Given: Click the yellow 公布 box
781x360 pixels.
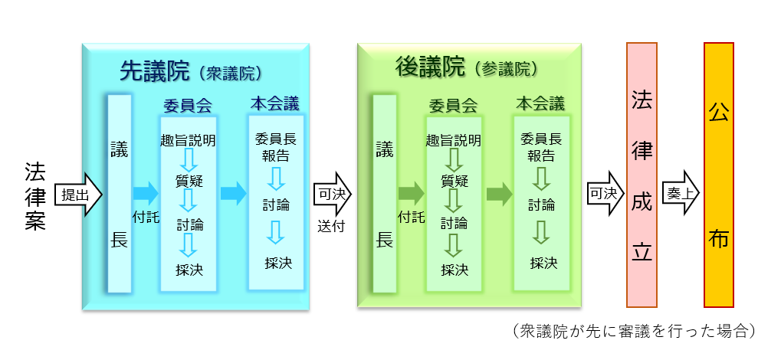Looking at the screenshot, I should (719, 175).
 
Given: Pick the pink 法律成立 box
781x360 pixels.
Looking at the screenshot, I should (642, 175).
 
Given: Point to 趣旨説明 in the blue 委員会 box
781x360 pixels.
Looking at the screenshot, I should (188, 140).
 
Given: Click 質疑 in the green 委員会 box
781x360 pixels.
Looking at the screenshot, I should (454, 182).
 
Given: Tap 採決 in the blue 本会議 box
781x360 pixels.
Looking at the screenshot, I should (278, 263).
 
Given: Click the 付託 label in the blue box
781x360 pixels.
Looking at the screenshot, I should (146, 217).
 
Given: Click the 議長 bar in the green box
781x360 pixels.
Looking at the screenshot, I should (384, 194).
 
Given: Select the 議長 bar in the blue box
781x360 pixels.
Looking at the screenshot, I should (119, 194).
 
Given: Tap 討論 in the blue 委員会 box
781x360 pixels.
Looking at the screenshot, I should (188, 224).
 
